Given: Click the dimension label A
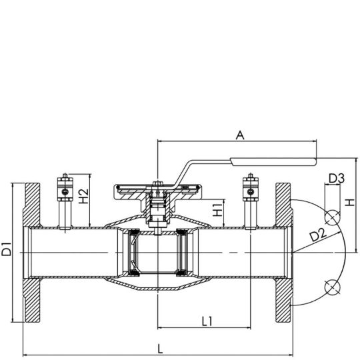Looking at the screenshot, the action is (x=240, y=135).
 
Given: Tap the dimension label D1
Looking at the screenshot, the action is (x=6, y=249).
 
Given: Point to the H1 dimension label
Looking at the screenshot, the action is (x=217, y=210).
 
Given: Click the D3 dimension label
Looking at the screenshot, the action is (x=337, y=179).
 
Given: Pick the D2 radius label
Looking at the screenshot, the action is (x=318, y=235).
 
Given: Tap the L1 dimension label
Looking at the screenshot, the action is (x=207, y=321).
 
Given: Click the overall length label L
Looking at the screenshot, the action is (x=161, y=349).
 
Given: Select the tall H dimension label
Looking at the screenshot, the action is (x=351, y=203).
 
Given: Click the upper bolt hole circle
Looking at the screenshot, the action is (x=332, y=217).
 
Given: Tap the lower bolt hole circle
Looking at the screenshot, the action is (x=332, y=287).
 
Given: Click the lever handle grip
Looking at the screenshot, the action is (x=273, y=161).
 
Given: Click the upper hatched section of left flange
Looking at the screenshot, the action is (x=32, y=205).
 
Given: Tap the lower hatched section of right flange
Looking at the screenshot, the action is (x=284, y=300).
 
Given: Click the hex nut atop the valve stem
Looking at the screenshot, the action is (x=158, y=183).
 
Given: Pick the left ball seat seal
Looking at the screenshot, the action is (x=133, y=253).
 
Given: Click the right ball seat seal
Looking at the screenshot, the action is (x=183, y=253).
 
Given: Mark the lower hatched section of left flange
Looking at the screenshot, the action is (x=32, y=300).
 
